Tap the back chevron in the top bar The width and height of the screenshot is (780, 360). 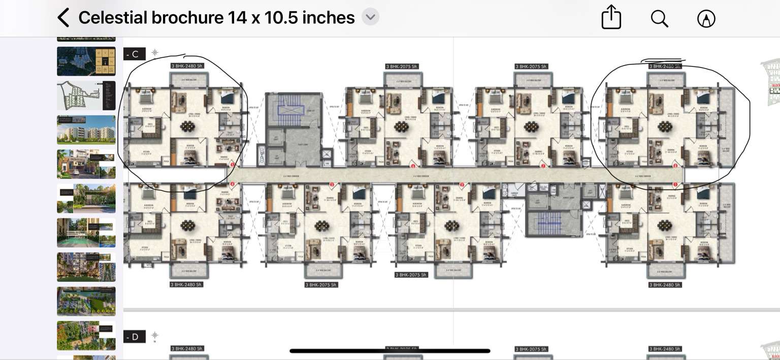[x=63, y=18]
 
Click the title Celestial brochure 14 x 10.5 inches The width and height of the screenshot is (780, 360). [x=216, y=18]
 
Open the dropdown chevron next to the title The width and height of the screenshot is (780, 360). [x=370, y=17]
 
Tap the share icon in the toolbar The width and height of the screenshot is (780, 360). [x=611, y=18]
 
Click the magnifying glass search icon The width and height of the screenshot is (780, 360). [x=659, y=18]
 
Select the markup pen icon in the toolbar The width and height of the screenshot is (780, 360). [x=706, y=19]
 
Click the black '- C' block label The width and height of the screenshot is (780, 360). [x=134, y=54]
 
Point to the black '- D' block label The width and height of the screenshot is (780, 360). [x=134, y=337]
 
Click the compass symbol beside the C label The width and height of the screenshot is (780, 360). [x=155, y=52]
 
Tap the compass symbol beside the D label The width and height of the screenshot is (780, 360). [x=155, y=335]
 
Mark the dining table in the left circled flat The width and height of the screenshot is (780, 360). [x=188, y=127]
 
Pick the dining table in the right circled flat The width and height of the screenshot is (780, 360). [x=664, y=127]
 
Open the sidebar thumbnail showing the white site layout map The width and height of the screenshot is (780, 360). [x=86, y=95]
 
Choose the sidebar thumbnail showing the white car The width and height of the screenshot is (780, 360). [x=86, y=164]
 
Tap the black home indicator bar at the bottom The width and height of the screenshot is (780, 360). [x=389, y=351]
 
